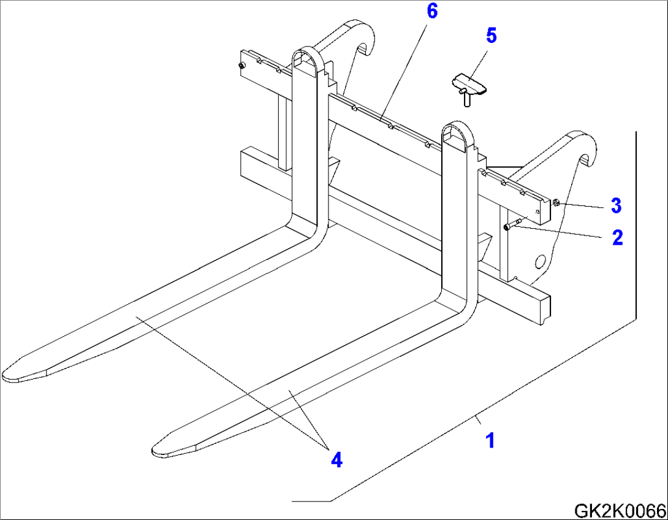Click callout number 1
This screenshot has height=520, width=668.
(490, 440)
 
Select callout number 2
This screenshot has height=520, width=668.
(617, 237)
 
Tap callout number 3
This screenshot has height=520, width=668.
(616, 205)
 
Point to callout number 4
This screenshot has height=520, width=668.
(336, 459)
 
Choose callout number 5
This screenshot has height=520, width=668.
(491, 36)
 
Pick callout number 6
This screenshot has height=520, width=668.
(432, 12)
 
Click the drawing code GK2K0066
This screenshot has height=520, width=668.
(620, 510)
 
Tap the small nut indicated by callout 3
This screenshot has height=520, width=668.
(555, 202)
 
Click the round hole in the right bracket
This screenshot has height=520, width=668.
(542, 262)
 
